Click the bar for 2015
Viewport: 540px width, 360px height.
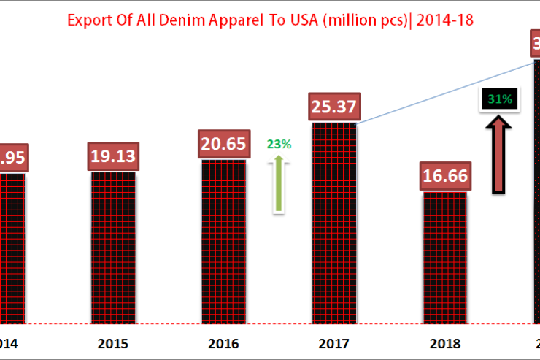point(114,248)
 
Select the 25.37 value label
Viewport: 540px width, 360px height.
point(333,107)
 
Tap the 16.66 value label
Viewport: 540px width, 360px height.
point(444,176)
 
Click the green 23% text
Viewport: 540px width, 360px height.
point(279,144)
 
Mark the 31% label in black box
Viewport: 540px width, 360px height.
point(499,99)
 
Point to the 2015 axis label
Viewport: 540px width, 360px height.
point(114,343)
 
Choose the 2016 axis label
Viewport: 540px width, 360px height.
point(224,343)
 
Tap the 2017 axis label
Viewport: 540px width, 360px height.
point(334,343)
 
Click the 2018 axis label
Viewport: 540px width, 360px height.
point(444,343)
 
